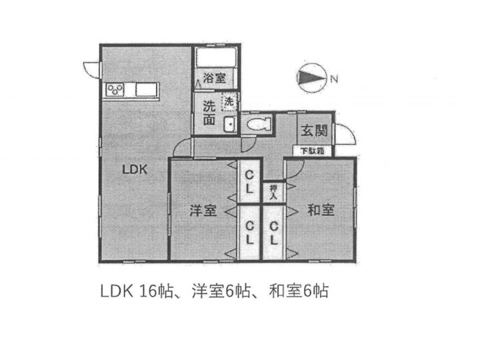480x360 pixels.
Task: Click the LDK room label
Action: point(135,169)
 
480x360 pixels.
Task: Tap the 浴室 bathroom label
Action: point(214,78)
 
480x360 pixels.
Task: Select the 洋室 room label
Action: point(203,211)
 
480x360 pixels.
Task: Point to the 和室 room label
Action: point(321,210)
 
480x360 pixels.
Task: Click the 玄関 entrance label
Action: point(314,131)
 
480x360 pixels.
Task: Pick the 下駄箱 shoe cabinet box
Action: point(312,151)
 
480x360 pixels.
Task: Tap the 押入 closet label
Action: point(273,193)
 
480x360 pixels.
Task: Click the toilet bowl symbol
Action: point(259,125)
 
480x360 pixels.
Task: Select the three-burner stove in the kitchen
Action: point(115,90)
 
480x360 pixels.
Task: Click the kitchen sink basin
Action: point(147,90)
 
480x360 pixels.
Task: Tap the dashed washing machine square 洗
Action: point(229,101)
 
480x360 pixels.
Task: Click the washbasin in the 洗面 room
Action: point(230,124)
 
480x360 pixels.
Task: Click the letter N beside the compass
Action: point(334,79)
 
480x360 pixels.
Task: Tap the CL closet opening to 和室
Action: point(274,233)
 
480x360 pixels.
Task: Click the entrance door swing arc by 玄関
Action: point(345,134)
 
